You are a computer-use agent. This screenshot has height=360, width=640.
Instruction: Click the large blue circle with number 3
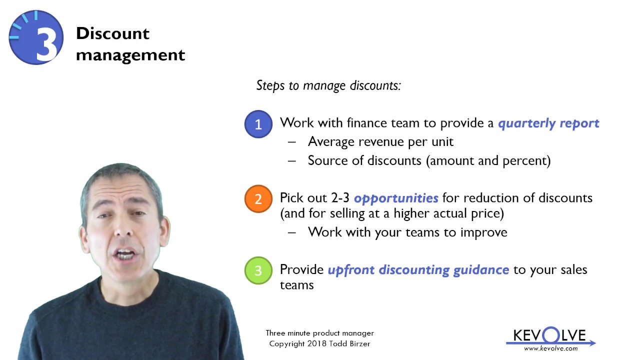(36, 37)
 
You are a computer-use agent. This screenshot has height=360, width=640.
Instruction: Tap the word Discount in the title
(112, 33)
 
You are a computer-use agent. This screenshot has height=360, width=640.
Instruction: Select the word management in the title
(130, 54)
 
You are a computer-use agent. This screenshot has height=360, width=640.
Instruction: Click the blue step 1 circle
(258, 124)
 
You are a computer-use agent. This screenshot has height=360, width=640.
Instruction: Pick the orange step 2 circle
(258, 198)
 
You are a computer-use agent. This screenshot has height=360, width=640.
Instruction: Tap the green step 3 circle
(258, 270)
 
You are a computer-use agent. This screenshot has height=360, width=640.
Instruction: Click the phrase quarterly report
(548, 123)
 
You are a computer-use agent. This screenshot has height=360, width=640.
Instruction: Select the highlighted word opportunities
(396, 198)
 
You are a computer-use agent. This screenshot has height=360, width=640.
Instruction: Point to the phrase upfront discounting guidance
(418, 270)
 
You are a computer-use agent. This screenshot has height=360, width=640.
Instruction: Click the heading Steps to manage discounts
(328, 85)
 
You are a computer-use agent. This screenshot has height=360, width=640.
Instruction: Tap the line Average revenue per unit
(380, 142)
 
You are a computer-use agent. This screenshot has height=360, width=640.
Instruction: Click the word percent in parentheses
(527, 160)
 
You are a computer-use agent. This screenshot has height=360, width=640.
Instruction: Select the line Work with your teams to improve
(407, 232)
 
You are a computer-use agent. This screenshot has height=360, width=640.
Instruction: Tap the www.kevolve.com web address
(550, 348)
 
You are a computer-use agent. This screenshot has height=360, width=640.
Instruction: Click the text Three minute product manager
(319, 333)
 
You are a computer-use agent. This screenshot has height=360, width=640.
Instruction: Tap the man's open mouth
(125, 255)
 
